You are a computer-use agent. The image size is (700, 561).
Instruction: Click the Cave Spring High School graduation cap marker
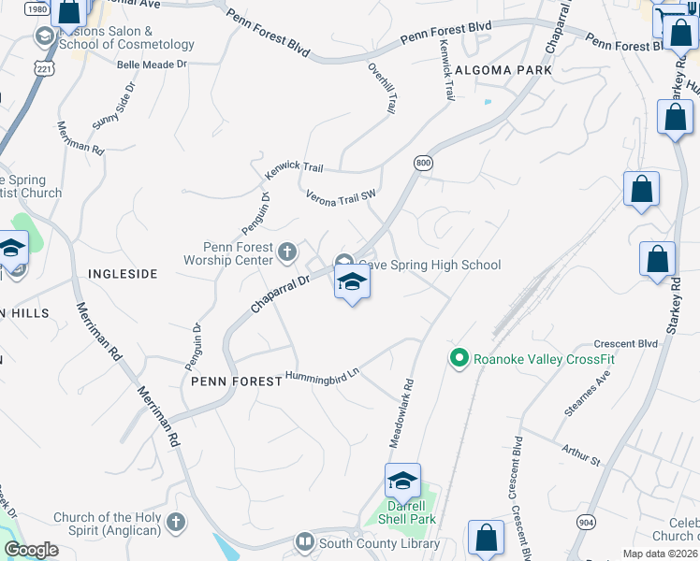coord(352,282)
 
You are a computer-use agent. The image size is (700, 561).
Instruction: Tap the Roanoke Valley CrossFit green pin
coord(459,358)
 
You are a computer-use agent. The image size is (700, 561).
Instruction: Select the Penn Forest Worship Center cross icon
coord(287,251)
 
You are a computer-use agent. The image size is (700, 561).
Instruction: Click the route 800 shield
coord(423,162)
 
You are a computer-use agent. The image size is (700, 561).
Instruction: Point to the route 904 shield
coord(585,523)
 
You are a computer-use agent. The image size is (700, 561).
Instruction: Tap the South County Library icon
coord(304,542)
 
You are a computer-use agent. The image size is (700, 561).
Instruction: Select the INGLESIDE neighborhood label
coord(123,274)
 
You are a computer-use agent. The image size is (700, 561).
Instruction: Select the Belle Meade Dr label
coord(153,65)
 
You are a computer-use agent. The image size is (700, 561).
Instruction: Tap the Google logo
coord(31,550)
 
